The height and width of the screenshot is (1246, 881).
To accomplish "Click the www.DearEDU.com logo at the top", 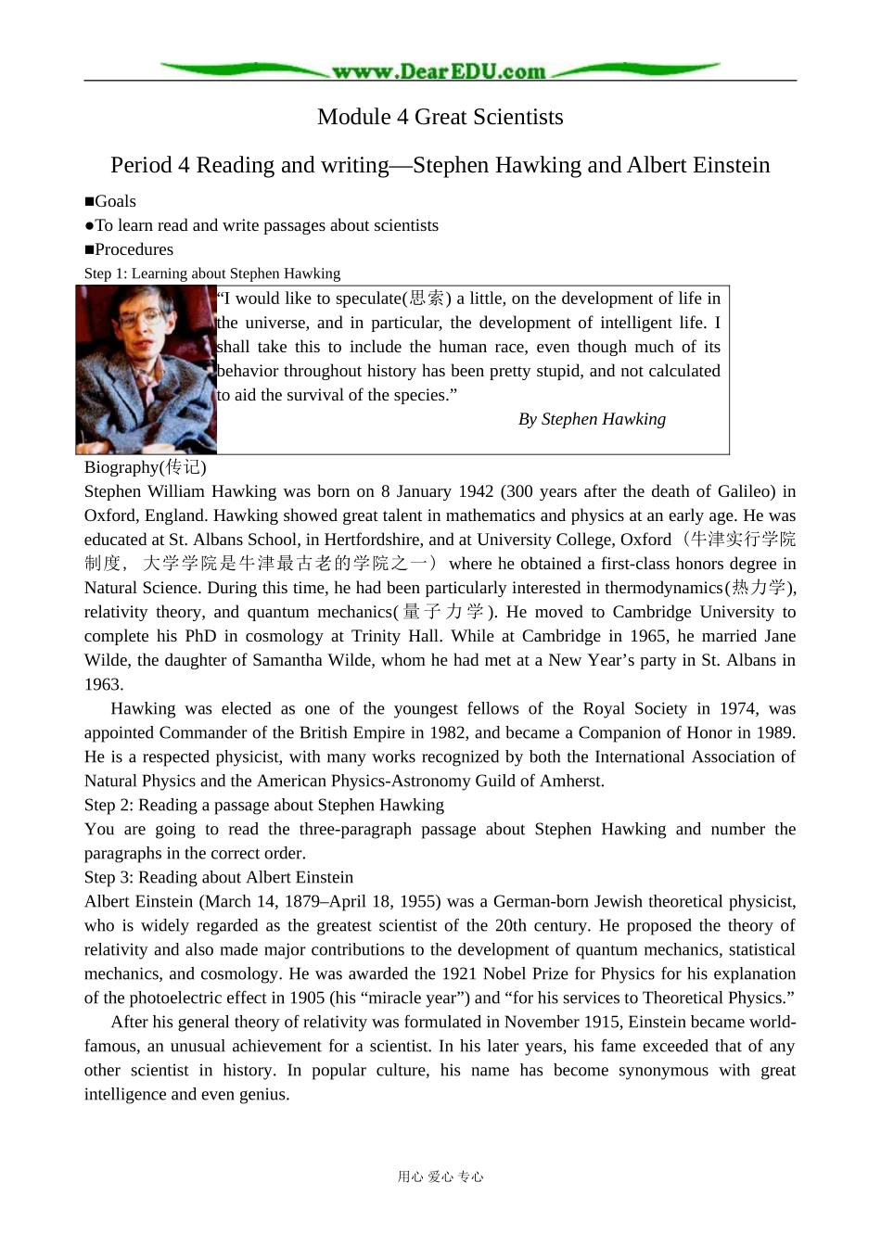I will pyautogui.click(x=439, y=70).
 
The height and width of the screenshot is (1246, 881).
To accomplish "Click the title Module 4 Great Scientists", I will pyautogui.click(x=440, y=117).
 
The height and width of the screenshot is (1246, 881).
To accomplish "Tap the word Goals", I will pyautogui.click(x=115, y=201).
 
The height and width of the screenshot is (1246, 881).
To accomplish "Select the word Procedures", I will pyautogui.click(x=134, y=249).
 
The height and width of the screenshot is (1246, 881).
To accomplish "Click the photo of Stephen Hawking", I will pyautogui.click(x=146, y=369).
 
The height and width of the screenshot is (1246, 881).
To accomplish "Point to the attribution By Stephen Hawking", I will pyautogui.click(x=592, y=419).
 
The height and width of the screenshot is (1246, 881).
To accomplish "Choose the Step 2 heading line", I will pyautogui.click(x=263, y=805).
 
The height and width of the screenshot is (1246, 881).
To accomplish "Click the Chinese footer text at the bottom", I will pyautogui.click(x=440, y=1176).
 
